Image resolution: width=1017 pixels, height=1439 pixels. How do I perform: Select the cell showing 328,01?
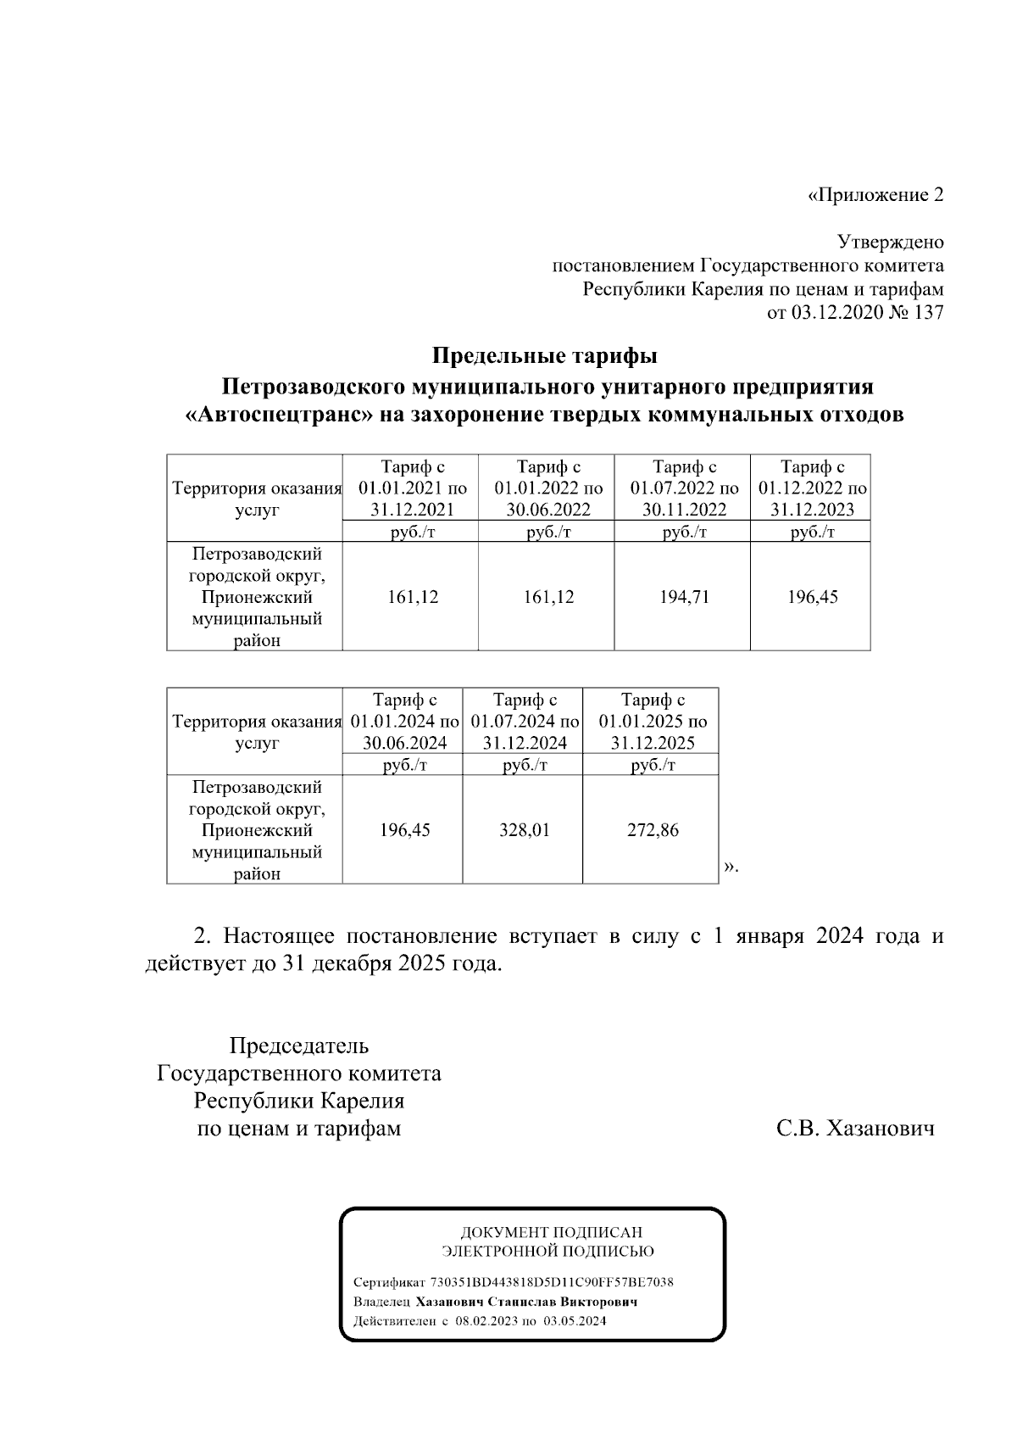pos(524,830)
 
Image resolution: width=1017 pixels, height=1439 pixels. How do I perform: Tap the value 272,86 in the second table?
pos(652,830)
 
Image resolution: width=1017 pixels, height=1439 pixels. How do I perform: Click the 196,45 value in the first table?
pos(812,597)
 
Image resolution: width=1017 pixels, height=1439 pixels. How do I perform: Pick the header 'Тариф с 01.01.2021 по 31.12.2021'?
pos(412,488)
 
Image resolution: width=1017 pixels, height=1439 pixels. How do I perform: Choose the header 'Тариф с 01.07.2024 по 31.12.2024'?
pos(524,722)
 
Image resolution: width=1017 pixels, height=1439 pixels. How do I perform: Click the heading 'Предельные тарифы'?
pos(545,354)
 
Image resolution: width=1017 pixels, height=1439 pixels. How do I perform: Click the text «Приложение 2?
pos(875,195)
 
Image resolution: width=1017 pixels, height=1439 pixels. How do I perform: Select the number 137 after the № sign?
pos(929,313)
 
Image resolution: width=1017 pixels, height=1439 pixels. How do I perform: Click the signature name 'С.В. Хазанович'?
pos(855,1129)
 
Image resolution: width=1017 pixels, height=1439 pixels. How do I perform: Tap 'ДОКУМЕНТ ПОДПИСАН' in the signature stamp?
pos(551,1232)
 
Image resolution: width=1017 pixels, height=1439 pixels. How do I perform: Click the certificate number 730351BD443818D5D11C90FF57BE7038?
pos(552,1282)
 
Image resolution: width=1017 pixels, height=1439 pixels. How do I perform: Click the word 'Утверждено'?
pos(890,243)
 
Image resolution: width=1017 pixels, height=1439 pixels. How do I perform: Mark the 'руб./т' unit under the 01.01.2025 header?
pos(652,766)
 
